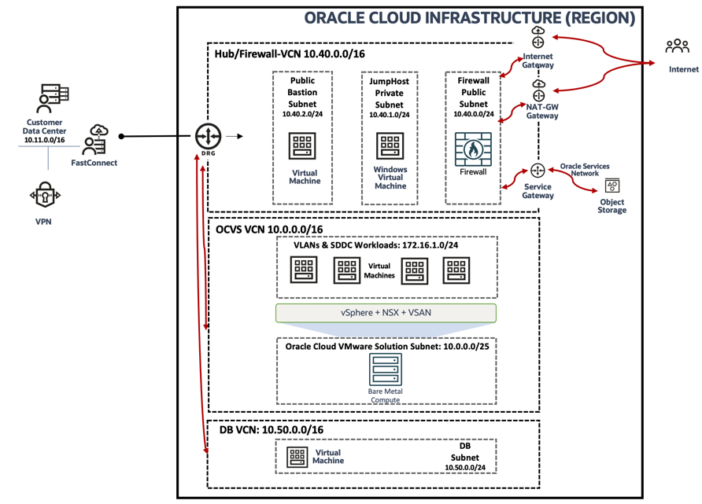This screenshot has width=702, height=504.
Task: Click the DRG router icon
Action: (209, 136)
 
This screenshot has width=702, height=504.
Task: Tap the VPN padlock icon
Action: (44, 194)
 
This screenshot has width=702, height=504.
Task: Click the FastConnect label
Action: (94, 163)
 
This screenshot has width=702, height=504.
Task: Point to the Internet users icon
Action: (677, 46)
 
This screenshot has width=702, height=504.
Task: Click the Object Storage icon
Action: (611, 186)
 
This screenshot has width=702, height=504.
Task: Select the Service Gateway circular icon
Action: (538, 170)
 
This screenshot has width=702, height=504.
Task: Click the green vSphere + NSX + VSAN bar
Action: (386, 313)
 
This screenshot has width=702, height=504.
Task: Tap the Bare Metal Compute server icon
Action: (385, 370)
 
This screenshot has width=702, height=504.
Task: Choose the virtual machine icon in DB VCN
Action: (297, 456)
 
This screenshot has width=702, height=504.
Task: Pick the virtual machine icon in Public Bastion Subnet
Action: (303, 145)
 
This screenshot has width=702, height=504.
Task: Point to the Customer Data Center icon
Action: (44, 98)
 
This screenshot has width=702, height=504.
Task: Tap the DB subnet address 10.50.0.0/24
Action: (465, 467)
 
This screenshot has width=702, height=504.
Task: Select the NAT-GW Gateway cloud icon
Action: (538, 91)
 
